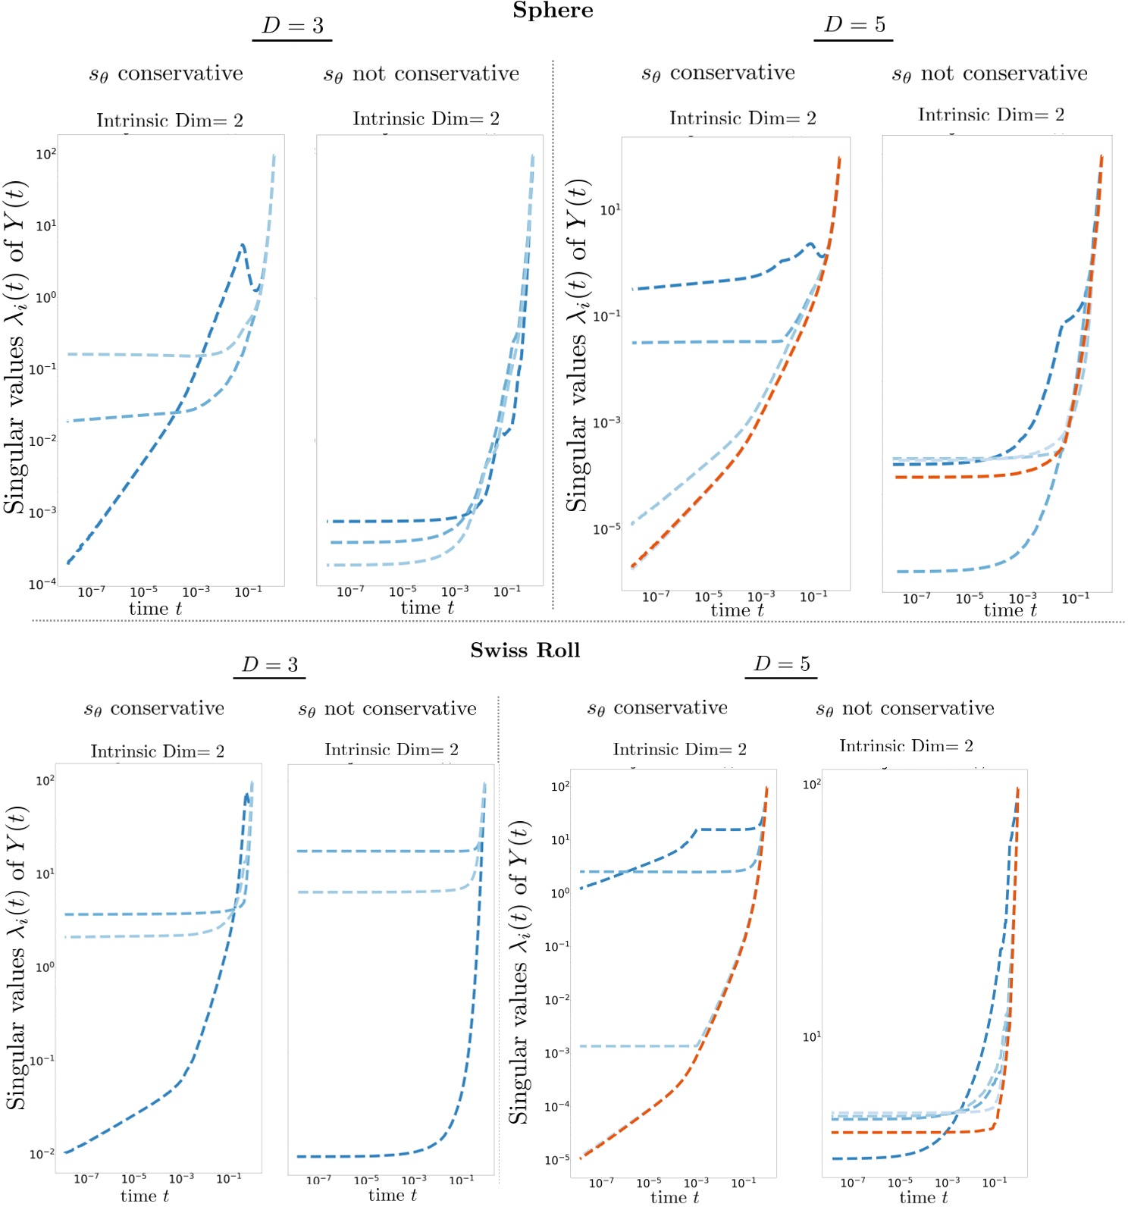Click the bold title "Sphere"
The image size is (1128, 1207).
(x=553, y=11)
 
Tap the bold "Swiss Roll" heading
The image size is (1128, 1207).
(x=525, y=651)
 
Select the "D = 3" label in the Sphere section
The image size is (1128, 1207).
(x=293, y=26)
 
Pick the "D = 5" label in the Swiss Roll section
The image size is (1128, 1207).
(x=782, y=664)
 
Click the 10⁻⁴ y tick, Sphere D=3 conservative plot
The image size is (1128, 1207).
(x=42, y=585)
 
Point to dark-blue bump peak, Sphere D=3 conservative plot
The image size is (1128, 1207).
(x=243, y=246)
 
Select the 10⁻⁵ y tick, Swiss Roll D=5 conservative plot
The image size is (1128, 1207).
(x=557, y=1160)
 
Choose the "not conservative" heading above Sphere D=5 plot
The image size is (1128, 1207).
(x=989, y=74)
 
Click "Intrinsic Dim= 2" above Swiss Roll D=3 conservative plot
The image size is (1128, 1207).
(x=158, y=751)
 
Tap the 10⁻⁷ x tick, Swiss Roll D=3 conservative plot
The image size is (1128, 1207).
(x=86, y=1179)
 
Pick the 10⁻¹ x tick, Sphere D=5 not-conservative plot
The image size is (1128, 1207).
(x=1076, y=599)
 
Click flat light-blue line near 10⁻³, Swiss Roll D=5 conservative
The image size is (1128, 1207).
(x=637, y=1046)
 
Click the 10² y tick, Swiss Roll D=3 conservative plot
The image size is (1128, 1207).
(x=45, y=781)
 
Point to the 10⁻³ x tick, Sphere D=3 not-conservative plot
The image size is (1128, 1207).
(x=455, y=591)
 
